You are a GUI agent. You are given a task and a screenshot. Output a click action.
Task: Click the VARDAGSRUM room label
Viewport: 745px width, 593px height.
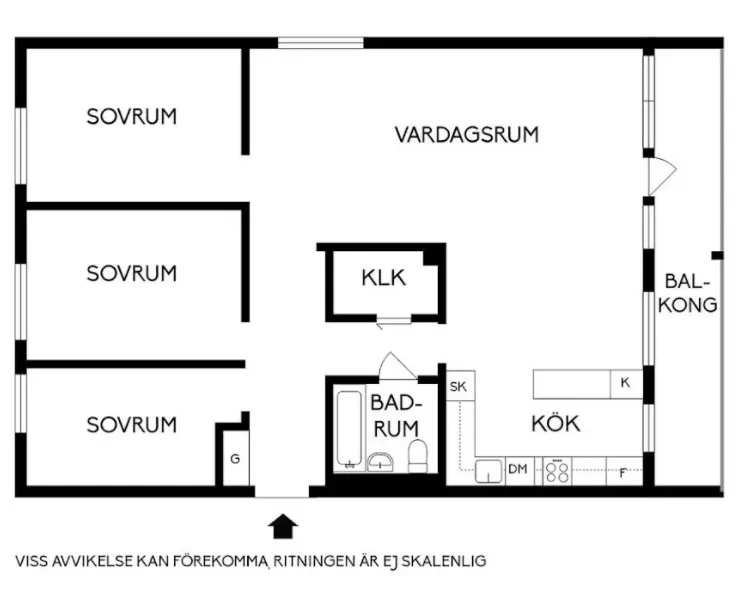(467, 134)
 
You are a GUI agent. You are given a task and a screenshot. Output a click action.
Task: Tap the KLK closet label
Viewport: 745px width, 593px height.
(383, 278)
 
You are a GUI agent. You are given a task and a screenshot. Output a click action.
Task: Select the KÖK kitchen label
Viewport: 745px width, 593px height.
(555, 423)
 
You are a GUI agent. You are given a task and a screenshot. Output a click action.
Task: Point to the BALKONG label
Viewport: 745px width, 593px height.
(688, 293)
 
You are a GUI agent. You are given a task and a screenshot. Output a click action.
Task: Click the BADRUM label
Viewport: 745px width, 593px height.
(396, 416)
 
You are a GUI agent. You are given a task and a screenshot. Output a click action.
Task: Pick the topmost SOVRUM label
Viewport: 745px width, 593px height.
(132, 117)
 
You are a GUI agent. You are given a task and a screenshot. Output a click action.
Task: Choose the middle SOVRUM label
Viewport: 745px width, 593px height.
(132, 274)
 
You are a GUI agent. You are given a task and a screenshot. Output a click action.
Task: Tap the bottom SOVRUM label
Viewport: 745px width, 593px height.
(132, 425)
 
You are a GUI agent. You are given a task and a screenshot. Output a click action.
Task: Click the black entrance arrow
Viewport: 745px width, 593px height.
(283, 526)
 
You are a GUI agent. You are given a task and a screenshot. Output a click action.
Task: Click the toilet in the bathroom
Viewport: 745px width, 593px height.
(418, 456)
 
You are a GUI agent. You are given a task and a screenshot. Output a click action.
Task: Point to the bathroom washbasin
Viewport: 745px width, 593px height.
(380, 462)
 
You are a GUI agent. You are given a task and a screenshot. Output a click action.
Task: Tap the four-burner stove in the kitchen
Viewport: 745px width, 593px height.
(557, 471)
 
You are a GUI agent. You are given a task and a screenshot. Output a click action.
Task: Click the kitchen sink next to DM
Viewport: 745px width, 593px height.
(489, 471)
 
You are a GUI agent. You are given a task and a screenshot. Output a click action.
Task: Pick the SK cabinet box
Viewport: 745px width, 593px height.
(460, 386)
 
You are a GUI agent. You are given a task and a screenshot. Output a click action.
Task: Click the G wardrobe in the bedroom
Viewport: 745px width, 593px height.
(236, 458)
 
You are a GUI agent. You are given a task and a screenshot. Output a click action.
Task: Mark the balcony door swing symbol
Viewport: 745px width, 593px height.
(662, 176)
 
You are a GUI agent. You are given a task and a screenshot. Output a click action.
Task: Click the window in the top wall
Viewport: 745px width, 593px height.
(321, 43)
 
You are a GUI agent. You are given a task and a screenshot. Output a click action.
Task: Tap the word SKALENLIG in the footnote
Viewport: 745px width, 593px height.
(444, 561)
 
